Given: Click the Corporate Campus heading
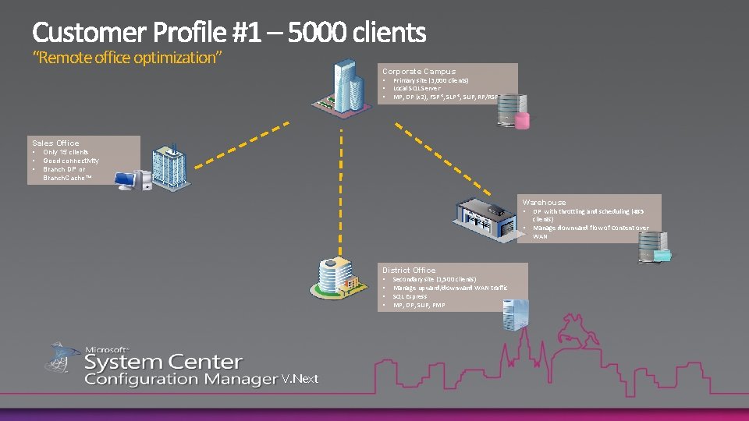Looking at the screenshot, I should pyautogui.click(x=418, y=71).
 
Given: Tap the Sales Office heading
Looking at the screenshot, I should pyautogui.click(x=55, y=143).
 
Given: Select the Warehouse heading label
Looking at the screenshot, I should pyautogui.click(x=544, y=202).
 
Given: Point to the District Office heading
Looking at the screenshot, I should pyautogui.click(x=409, y=270).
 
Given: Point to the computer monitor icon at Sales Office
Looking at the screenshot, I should pyautogui.click(x=127, y=180).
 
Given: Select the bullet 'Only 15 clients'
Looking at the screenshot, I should pyautogui.click(x=66, y=152).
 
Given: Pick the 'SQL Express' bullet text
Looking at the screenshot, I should pyautogui.click(x=410, y=296).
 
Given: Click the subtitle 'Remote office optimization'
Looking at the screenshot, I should pyautogui.click(x=128, y=58).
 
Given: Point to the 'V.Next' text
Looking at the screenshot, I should pyautogui.click(x=300, y=379).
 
